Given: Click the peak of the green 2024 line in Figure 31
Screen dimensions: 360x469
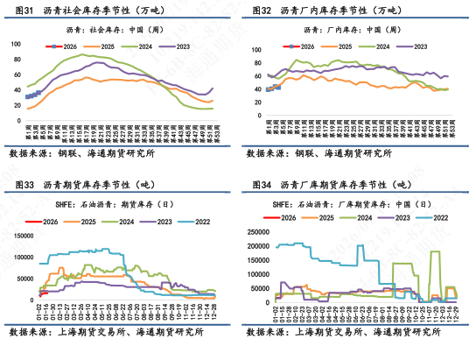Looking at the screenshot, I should [x=84, y=55].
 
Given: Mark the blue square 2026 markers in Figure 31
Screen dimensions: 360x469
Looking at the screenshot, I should [x=31, y=95].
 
